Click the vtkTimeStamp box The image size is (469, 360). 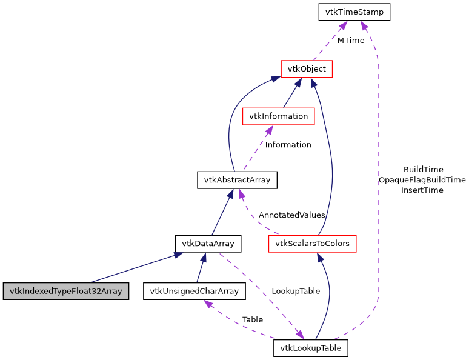click(354, 12)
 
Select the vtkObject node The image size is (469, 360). click(307, 69)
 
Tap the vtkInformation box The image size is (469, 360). click(278, 116)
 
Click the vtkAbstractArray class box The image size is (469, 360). click(237, 180)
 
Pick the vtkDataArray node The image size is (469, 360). click(208, 244)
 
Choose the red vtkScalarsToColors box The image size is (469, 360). click(312, 244)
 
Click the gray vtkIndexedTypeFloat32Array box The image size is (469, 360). click(66, 291)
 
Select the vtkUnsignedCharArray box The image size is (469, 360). click(194, 291)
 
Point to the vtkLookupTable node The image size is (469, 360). click(311, 348)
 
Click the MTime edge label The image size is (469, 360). click(351, 41)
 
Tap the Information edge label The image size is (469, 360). click(288, 145)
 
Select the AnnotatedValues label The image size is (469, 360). click(291, 215)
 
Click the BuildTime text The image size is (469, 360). click(423, 170)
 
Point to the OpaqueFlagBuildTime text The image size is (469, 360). click(422, 180)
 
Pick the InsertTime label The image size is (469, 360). click(422, 190)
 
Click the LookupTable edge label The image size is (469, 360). click(296, 291)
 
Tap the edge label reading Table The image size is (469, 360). click(252, 319)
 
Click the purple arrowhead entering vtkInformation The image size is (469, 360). click(268, 130)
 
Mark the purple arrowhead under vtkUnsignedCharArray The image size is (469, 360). click(208, 304)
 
